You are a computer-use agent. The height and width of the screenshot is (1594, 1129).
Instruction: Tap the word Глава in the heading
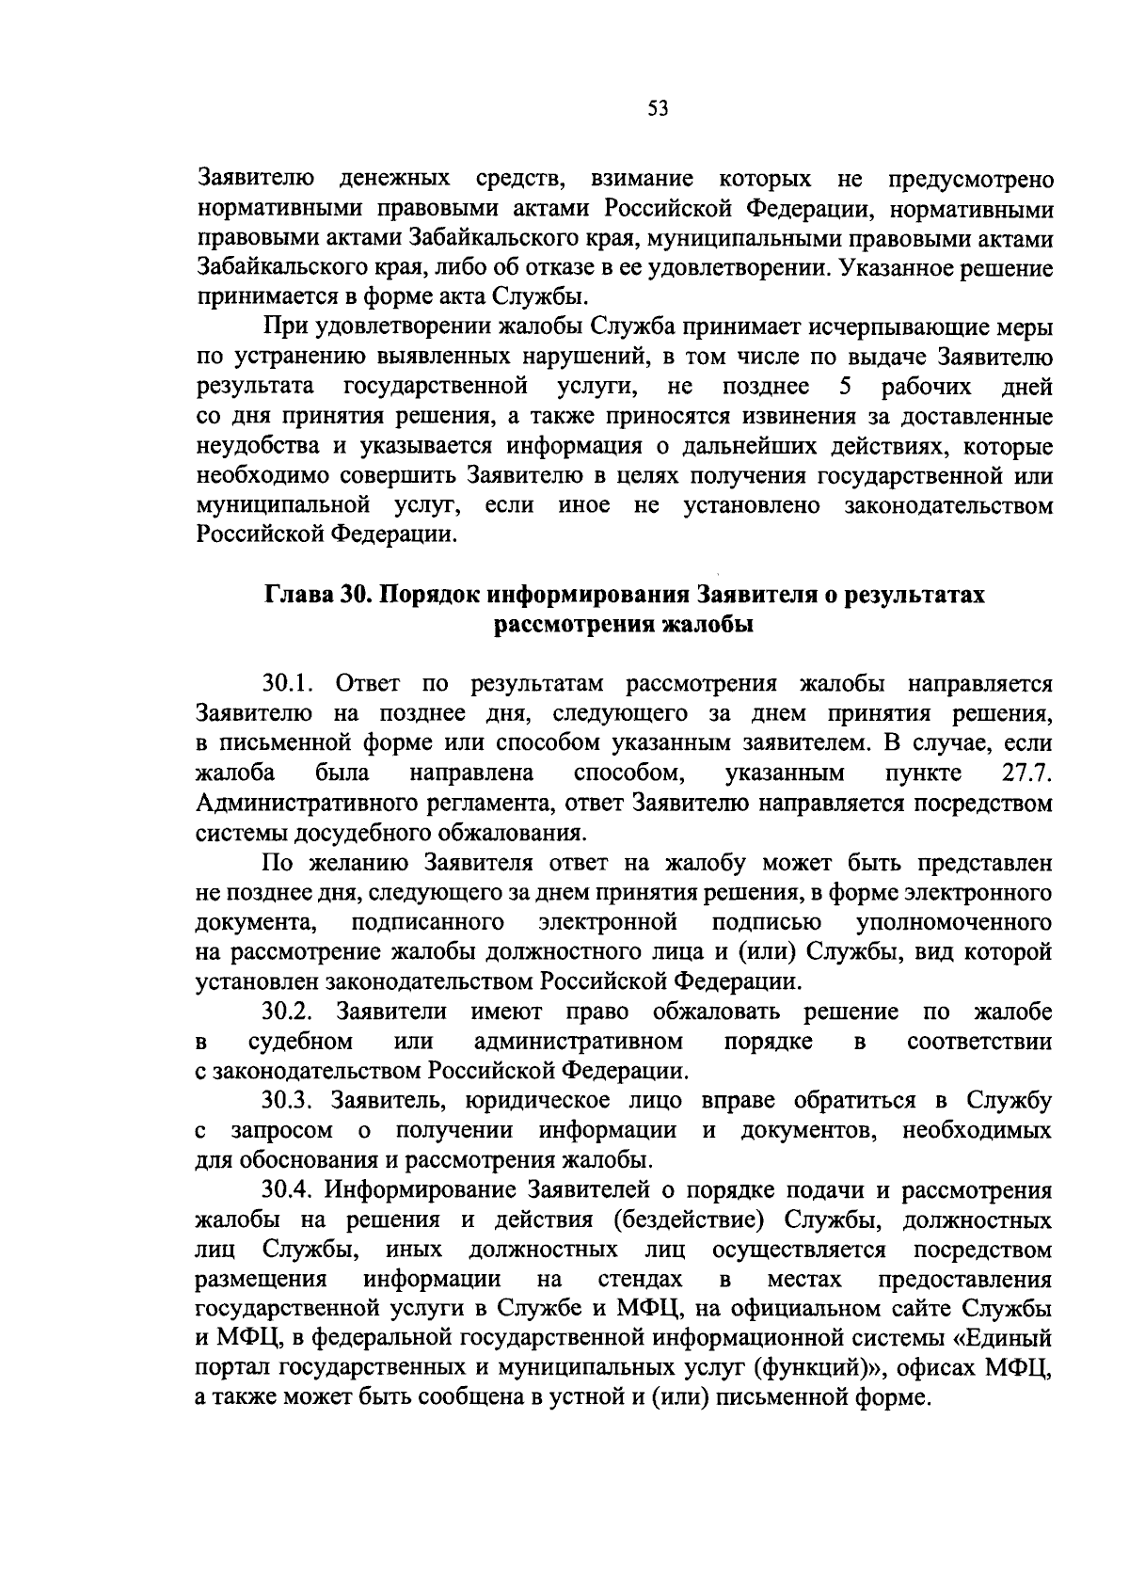coord(294,597)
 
